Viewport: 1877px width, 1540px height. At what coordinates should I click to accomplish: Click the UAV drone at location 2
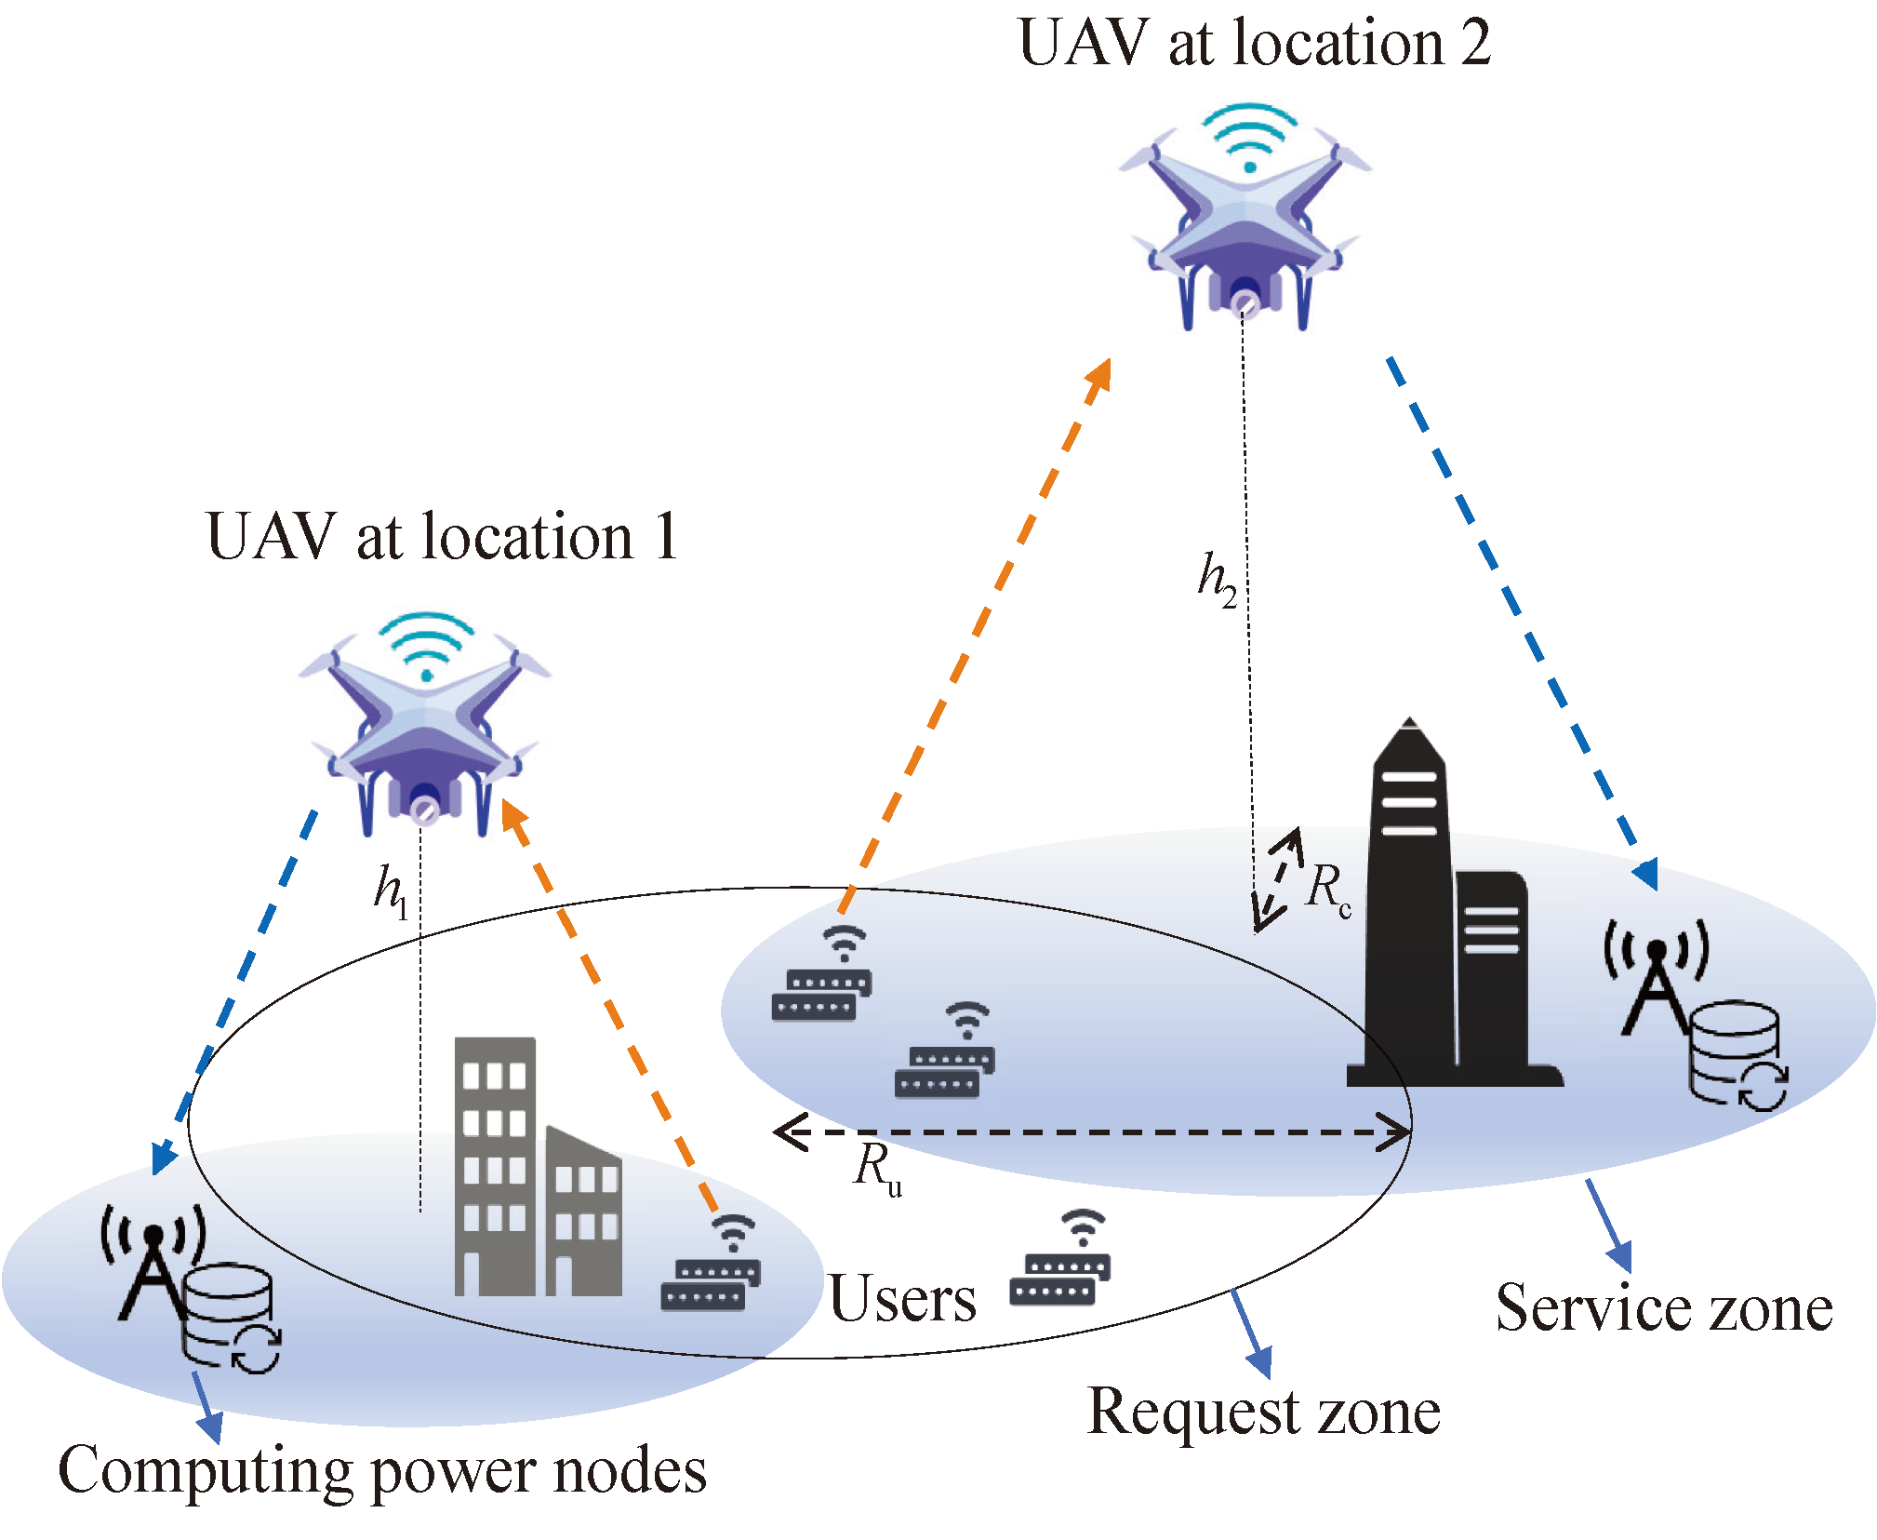coord(1245,228)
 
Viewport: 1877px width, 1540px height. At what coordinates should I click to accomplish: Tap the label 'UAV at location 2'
coord(1254,43)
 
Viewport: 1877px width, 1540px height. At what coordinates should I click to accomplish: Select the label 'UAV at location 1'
coord(442,537)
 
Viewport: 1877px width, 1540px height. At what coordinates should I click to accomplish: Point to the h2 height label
coord(1217,580)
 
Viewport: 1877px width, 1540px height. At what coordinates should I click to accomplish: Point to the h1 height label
coord(391,891)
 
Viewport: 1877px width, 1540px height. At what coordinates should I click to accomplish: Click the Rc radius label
coord(1327,888)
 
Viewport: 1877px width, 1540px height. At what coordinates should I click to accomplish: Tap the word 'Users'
coord(902,1299)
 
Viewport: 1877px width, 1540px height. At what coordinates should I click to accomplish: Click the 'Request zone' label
coord(1263,1412)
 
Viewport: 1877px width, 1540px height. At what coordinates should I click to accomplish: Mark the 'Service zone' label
coord(1664,1308)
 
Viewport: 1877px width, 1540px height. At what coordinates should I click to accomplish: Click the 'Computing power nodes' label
coord(382,1471)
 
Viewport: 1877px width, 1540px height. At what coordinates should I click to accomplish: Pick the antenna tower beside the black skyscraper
coord(1656,986)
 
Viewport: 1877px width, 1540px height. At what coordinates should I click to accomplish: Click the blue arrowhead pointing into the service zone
coord(1645,875)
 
